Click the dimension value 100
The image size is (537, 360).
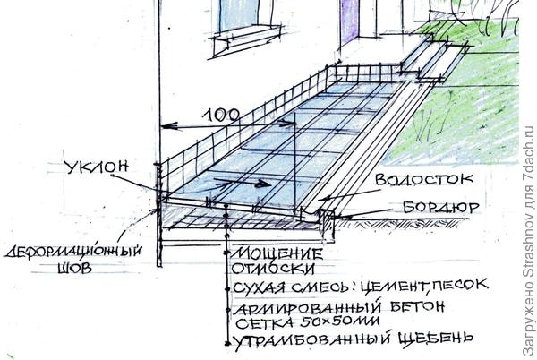pos(221,116)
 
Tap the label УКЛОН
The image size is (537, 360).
pos(97,167)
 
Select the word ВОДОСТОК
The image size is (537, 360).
pos(424,179)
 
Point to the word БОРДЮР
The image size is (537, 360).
pos(440,207)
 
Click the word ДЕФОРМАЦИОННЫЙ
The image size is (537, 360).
pos(72,252)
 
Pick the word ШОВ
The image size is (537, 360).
pos(74,268)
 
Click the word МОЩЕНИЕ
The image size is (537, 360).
pos(277,254)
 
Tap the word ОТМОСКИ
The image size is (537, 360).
pos(273,268)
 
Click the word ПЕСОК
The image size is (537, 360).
pos(459,284)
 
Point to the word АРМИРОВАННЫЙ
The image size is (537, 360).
pos(307,308)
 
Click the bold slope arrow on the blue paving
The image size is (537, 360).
pos(243,182)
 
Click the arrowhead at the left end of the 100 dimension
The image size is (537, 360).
pos(169,126)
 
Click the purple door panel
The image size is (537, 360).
pos(349,21)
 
